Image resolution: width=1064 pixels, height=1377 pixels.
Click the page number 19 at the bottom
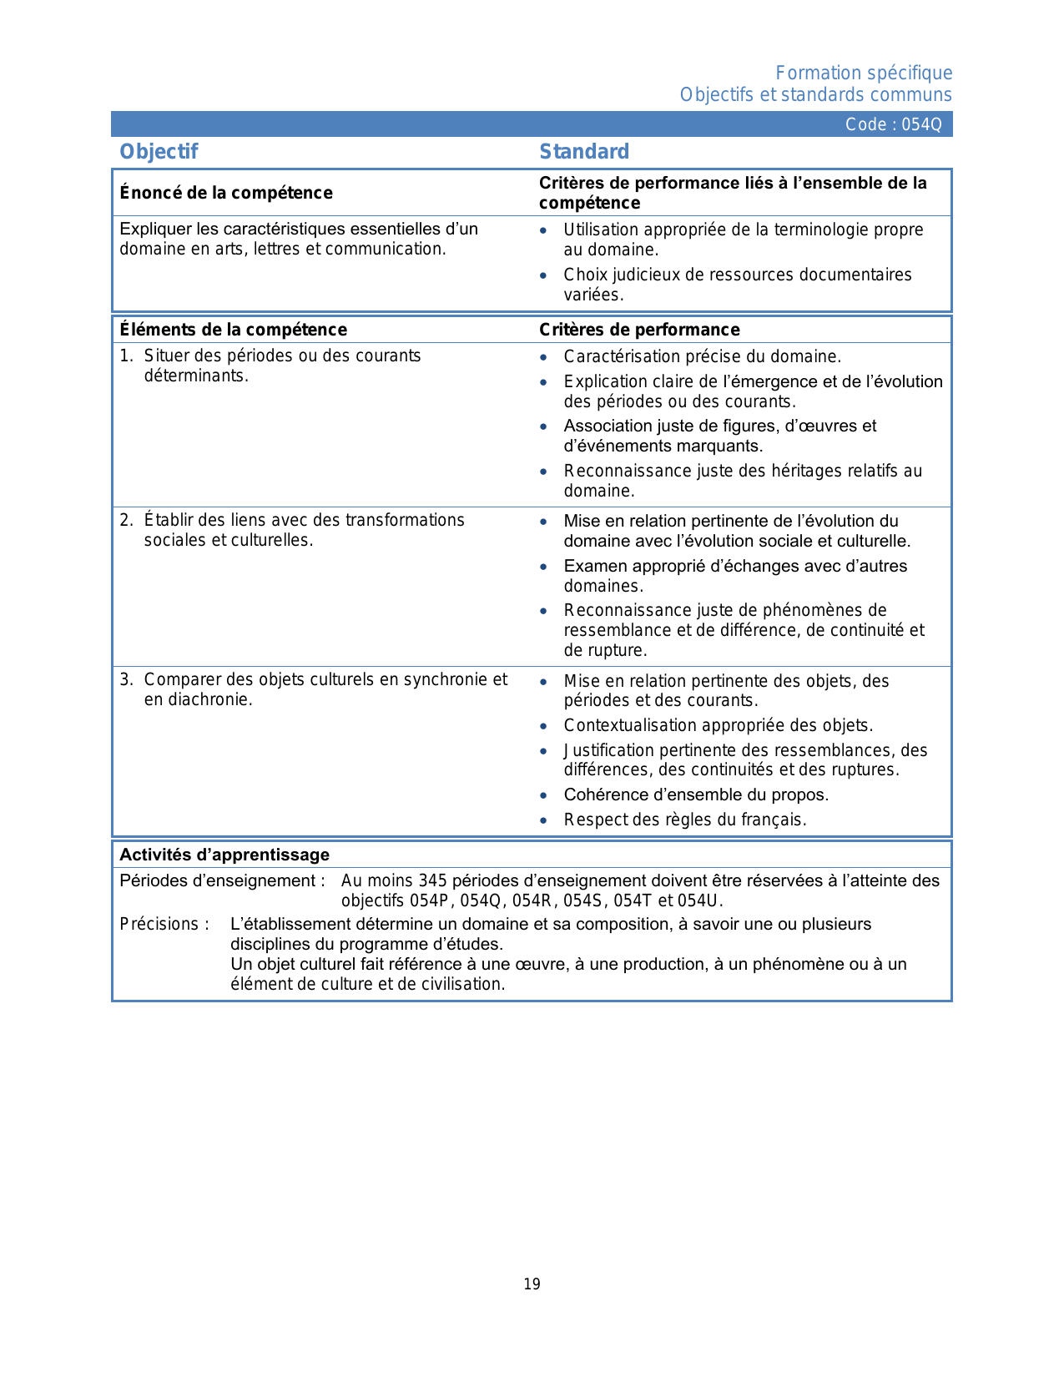coord(532,1284)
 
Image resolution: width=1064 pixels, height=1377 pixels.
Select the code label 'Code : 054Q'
coord(893,124)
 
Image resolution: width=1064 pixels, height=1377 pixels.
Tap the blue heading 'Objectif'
coord(159,152)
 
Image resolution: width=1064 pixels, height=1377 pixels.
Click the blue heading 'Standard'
coord(584,152)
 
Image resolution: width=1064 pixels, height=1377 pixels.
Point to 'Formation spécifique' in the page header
coord(864,73)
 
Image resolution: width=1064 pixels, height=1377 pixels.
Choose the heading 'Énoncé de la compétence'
coord(226,193)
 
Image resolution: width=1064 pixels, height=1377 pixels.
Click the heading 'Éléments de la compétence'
coord(233,330)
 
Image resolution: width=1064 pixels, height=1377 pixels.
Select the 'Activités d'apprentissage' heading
coord(224,855)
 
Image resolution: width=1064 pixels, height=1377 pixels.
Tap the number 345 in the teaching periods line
coord(433,880)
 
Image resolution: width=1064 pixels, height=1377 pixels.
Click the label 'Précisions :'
coord(164,924)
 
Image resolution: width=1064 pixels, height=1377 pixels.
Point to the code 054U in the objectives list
coord(699,900)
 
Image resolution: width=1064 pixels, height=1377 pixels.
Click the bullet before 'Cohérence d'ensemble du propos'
coord(544,795)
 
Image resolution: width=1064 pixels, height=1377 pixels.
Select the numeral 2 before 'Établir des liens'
coord(125,521)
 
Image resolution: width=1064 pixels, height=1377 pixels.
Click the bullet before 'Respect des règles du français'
coord(544,820)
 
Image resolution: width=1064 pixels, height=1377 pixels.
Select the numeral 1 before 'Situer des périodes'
coord(125,356)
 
